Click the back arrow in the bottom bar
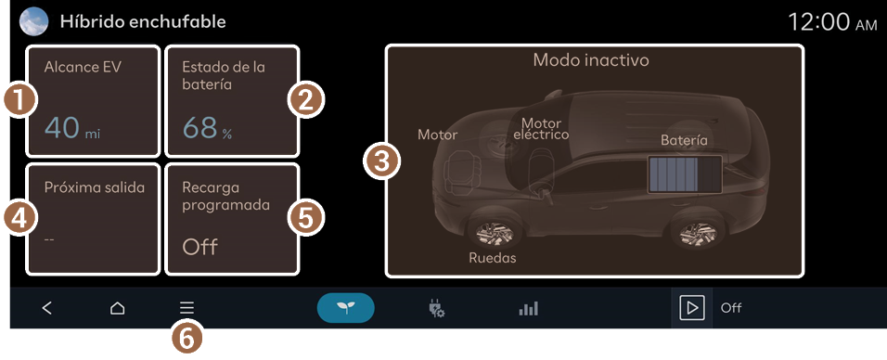[47, 308]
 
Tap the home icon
[117, 308]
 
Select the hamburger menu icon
[186, 308]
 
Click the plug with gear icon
[436, 308]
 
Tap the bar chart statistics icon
[528, 308]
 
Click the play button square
[692, 308]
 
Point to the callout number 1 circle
[19, 100]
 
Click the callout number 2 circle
[305, 100]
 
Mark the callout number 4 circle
[19, 218]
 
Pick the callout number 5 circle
[305, 218]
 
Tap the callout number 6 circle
[186, 340]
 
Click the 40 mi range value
[71, 128]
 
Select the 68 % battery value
[207, 128]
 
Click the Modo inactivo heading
[591, 60]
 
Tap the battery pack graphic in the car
[685, 175]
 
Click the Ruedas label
[493, 258]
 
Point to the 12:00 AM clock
[832, 22]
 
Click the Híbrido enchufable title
[143, 22]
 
